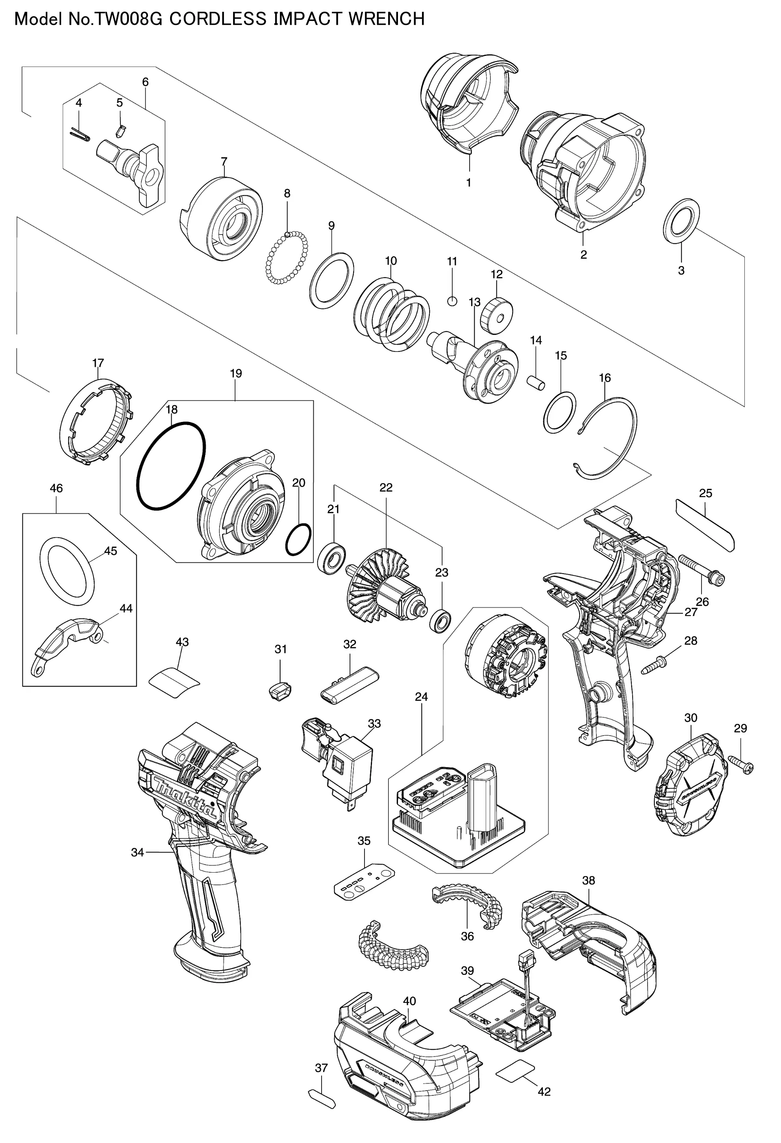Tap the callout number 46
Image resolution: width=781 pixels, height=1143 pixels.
click(x=57, y=488)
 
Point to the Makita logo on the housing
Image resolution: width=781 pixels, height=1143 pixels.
click(x=185, y=798)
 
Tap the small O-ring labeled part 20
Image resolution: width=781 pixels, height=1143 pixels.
click(x=298, y=540)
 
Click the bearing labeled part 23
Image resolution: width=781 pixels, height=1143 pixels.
click(x=441, y=621)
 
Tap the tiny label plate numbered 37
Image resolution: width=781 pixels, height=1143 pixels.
click(x=322, y=1099)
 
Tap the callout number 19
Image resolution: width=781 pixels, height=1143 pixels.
click(x=236, y=373)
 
